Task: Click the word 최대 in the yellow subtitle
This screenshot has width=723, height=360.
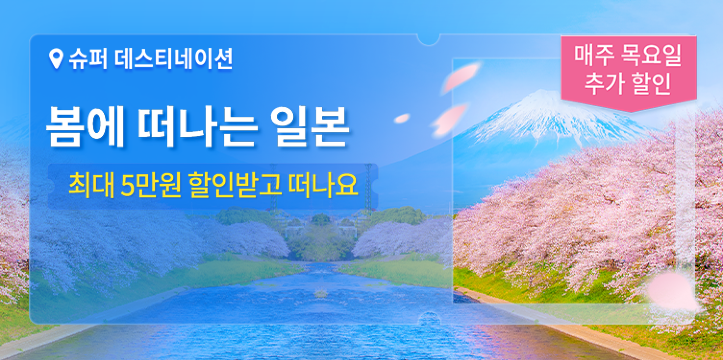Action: [89, 186]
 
